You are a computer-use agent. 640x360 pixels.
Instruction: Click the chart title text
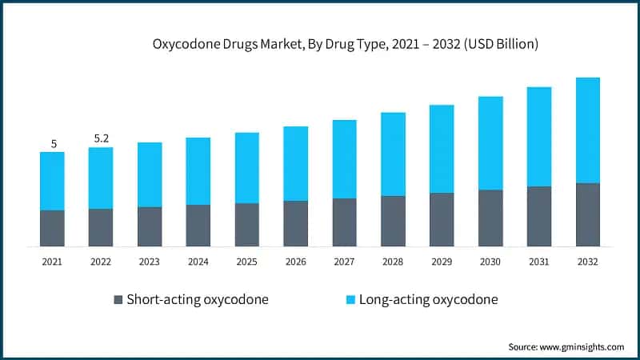point(345,45)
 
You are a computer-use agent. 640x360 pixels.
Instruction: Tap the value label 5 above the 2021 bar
point(54,144)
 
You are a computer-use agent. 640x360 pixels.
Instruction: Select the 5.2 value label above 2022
point(102,138)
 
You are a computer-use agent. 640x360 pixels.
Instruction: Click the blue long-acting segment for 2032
point(587,130)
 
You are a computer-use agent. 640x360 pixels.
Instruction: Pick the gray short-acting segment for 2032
point(587,214)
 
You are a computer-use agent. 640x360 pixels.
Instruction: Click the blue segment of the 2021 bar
point(52,182)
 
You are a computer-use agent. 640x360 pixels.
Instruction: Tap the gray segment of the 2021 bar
point(52,228)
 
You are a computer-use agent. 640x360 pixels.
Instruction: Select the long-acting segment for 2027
point(344,159)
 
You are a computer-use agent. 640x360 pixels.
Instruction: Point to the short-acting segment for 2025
point(246,224)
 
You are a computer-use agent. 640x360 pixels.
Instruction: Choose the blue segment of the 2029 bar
point(442,149)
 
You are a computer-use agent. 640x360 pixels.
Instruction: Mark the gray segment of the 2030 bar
point(490,218)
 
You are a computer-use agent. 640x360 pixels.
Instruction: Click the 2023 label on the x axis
point(150,261)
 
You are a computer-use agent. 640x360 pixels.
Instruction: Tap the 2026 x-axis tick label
point(295,261)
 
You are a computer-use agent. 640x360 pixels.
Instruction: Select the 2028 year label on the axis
point(393,261)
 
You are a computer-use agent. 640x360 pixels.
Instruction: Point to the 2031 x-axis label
point(538,261)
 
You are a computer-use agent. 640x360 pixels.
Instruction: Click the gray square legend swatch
point(119,300)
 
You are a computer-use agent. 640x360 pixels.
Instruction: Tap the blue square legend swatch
point(350,300)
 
